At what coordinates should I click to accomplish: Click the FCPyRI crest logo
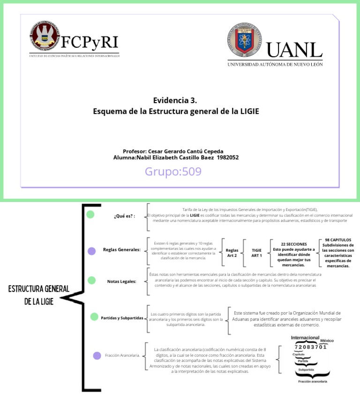pos(45,37)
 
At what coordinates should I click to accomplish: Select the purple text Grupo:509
pos(173,172)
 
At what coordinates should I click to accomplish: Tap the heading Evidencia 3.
pos(175,100)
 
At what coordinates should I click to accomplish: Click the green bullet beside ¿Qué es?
pos(90,215)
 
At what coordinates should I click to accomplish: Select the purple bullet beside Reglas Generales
pos(92,251)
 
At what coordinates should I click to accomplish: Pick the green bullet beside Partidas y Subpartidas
pos(94,317)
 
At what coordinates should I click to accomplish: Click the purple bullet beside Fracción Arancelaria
pos(97,355)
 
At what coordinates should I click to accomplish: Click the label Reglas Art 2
pos(232,253)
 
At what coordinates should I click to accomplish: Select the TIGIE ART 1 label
pos(257,253)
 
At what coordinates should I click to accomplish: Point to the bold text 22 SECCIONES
pos(294,244)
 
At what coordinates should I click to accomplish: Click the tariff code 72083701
pos(310,347)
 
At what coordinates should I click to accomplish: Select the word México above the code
pos(327,341)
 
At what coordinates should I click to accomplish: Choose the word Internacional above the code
pos(305,337)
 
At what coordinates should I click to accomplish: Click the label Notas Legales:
pos(122,281)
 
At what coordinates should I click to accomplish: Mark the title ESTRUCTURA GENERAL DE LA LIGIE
pos(39,295)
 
